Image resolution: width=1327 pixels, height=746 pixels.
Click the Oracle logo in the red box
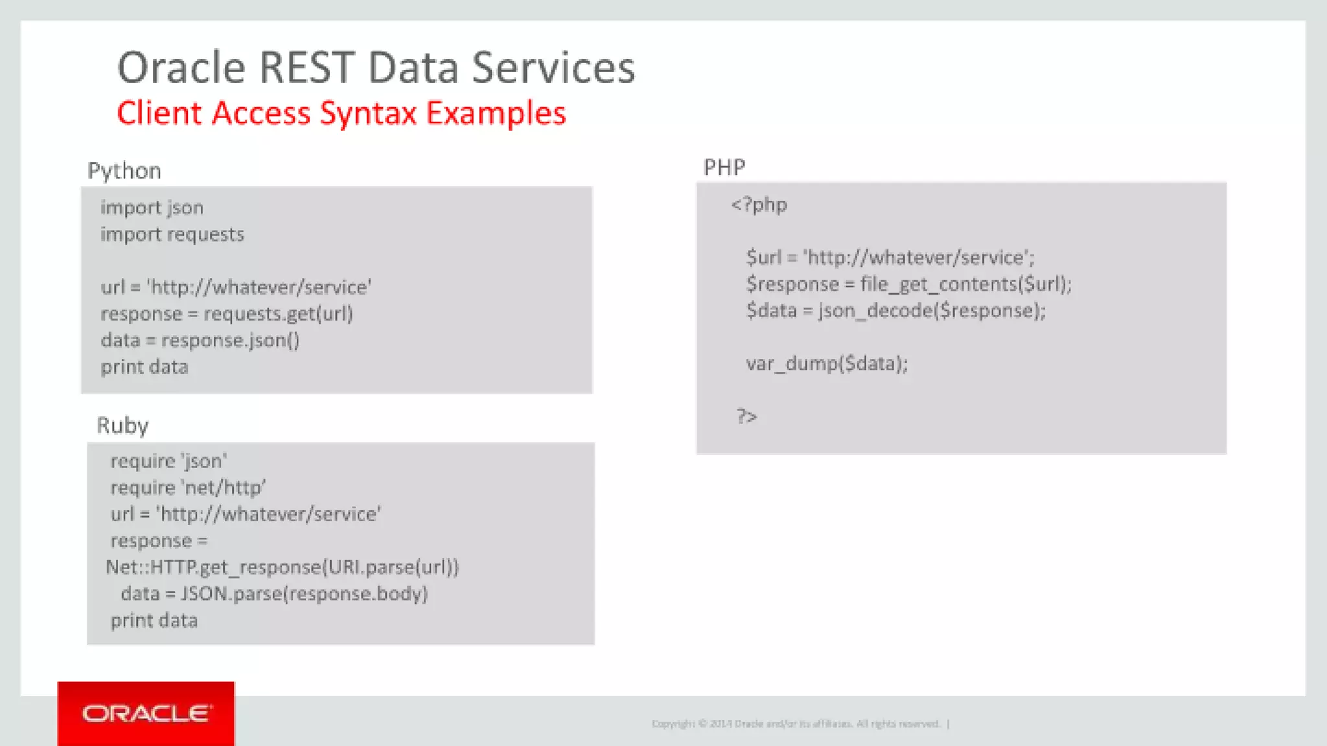click(x=146, y=713)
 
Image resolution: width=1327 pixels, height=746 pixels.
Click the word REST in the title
click(x=306, y=68)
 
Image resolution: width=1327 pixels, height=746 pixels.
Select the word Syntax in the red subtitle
click(x=367, y=113)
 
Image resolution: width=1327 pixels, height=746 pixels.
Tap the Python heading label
click(x=124, y=171)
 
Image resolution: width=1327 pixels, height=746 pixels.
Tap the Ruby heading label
click(x=122, y=425)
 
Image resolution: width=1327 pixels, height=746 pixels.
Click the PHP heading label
click(x=724, y=168)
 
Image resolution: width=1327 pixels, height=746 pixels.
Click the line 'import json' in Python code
click(x=152, y=208)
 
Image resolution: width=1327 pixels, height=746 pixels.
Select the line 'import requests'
click(x=172, y=234)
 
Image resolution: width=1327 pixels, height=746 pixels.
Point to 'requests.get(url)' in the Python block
click(x=278, y=314)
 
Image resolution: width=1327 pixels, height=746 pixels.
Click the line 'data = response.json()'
click(x=200, y=341)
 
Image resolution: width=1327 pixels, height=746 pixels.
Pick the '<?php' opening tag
click(x=759, y=205)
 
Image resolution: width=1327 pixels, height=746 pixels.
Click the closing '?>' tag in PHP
click(x=746, y=416)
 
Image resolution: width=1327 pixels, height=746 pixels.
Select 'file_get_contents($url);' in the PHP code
click(x=965, y=284)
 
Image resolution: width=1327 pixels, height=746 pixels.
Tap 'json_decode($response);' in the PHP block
click(x=932, y=311)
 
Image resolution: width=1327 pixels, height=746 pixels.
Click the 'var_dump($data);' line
click(x=827, y=364)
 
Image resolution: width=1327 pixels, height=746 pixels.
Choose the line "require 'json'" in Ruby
click(x=168, y=462)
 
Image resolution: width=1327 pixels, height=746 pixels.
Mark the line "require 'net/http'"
click(x=188, y=488)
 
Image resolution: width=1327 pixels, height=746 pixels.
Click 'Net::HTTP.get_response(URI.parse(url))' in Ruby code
click(x=282, y=568)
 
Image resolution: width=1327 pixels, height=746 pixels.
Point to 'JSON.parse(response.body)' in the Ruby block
click(x=304, y=594)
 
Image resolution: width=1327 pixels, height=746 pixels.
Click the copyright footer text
click(x=796, y=724)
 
